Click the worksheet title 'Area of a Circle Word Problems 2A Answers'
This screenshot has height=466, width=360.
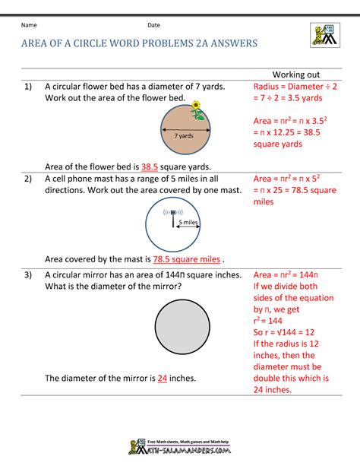tap(139, 43)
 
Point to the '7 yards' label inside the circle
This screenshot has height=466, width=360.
tap(183, 135)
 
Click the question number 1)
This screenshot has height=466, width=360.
tap(27, 87)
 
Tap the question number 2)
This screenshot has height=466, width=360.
tap(27, 179)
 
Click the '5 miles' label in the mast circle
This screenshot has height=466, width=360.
tap(188, 222)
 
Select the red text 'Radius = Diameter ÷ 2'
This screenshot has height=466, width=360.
tap(295, 87)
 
